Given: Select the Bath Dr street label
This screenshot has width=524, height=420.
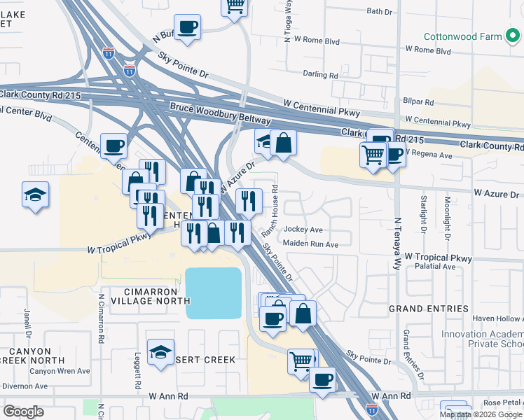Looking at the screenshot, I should click(379, 11).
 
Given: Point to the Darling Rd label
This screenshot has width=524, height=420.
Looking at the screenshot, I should click(320, 74).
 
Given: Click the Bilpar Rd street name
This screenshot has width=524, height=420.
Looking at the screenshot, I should click(418, 101).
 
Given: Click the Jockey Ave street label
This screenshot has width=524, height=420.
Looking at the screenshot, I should click(303, 230).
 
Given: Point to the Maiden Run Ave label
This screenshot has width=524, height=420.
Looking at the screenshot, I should click(310, 244).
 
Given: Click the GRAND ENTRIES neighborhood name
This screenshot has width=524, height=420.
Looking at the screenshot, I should click(429, 309).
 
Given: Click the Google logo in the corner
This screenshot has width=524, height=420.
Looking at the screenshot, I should click(24, 411).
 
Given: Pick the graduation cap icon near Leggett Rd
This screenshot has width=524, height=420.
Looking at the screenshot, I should click(160, 353).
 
